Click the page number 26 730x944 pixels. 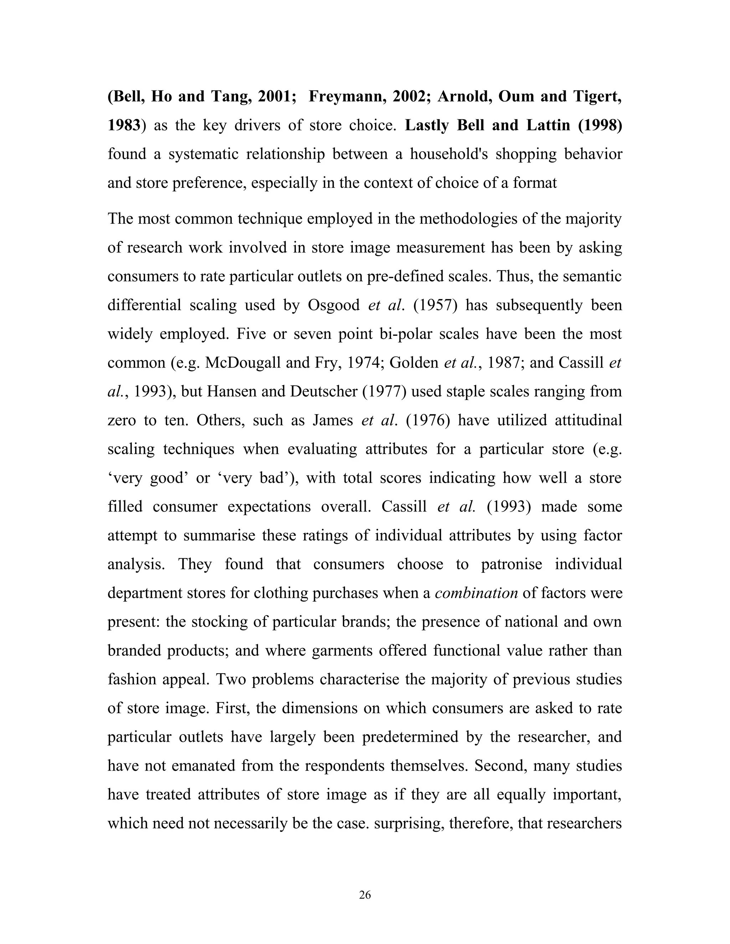click(x=365, y=895)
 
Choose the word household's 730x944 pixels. click(x=448, y=154)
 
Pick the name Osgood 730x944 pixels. click(x=333, y=305)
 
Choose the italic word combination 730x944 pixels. click(x=476, y=593)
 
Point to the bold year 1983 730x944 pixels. click(x=124, y=125)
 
